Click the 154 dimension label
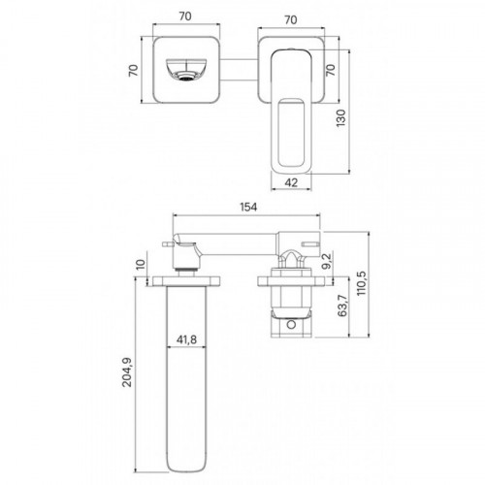(x=248, y=207)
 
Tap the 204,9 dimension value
(x=127, y=372)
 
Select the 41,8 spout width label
(x=186, y=339)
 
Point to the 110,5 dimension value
(x=362, y=283)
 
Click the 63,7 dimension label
(x=341, y=306)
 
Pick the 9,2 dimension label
(x=327, y=261)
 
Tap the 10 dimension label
(x=141, y=265)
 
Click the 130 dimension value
(x=340, y=118)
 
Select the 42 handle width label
(x=291, y=182)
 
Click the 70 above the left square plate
(x=185, y=16)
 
